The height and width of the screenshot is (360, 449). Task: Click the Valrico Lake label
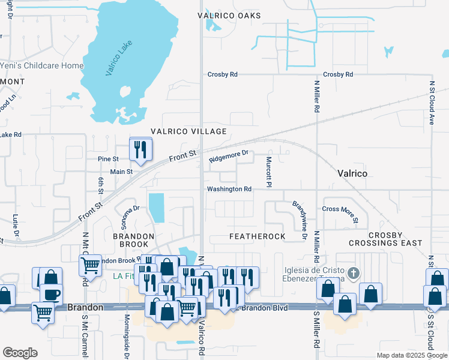tap(118, 58)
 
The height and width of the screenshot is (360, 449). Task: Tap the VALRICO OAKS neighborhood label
tap(230, 16)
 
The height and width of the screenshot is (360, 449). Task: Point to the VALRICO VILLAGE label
tap(188, 131)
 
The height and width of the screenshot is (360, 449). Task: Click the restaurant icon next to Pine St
tap(140, 149)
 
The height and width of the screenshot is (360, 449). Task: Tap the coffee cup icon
tap(53, 295)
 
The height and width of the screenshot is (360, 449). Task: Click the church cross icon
tap(354, 274)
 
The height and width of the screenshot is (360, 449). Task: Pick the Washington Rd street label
tap(229, 189)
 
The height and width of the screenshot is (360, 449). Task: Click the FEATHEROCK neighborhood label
tap(258, 237)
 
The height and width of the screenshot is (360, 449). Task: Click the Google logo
tap(20, 353)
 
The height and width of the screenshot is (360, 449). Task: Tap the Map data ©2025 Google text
tap(411, 355)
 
